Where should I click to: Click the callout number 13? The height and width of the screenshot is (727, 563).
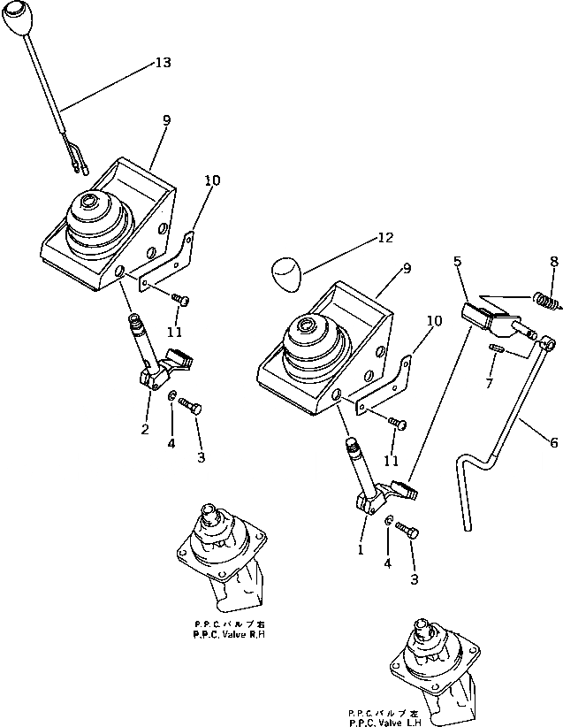[163, 63]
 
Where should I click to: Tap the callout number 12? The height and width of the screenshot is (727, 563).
[382, 239]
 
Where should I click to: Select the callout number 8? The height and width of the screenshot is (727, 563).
[553, 262]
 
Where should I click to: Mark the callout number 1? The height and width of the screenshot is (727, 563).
[361, 549]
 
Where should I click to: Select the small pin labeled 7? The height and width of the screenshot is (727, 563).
[495, 350]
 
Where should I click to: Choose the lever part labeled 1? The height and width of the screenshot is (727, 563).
[375, 482]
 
